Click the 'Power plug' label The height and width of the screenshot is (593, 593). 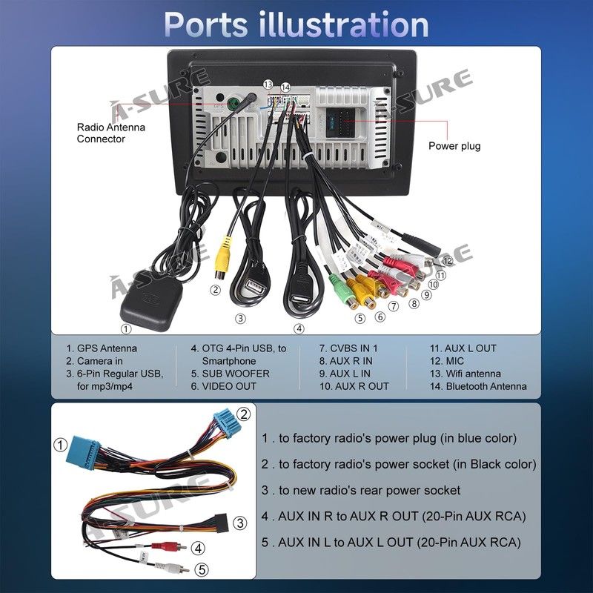pyautogui.click(x=454, y=146)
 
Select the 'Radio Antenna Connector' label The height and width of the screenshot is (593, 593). pyautogui.click(x=111, y=133)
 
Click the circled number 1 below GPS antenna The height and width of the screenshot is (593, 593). pyautogui.click(x=126, y=329)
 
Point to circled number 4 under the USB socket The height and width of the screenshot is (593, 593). pyautogui.click(x=299, y=328)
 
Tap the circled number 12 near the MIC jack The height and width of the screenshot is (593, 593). pyautogui.click(x=447, y=260)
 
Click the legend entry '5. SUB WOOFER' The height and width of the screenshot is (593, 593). pyautogui.click(x=231, y=374)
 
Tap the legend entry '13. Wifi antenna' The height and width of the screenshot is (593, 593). pyautogui.click(x=466, y=374)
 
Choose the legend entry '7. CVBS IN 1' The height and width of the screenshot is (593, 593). pyautogui.click(x=348, y=348)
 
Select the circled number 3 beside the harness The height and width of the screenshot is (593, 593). pyautogui.click(x=240, y=523)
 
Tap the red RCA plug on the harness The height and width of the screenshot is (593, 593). pyautogui.click(x=162, y=546)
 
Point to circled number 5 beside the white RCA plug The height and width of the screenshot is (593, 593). pyautogui.click(x=201, y=569)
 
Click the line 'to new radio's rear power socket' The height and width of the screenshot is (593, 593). pyautogui.click(x=361, y=491)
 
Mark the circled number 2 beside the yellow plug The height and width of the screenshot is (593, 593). pyautogui.click(x=215, y=290)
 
